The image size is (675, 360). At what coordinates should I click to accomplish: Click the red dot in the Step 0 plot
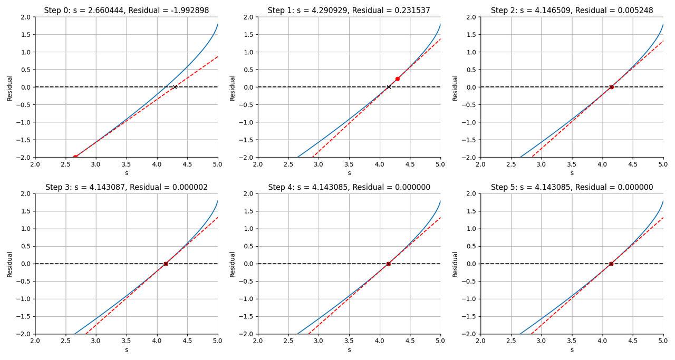pos(75,157)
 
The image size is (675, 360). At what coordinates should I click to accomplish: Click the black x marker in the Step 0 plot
pos(175,87)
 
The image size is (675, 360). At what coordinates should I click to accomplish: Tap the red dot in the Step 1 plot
pos(398,79)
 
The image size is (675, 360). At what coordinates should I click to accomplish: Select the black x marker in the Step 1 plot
pos(389,87)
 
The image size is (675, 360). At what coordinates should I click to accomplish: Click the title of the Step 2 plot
pos(572,11)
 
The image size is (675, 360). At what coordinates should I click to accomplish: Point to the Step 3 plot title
pos(127,187)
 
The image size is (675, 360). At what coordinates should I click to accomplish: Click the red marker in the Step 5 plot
pos(611,264)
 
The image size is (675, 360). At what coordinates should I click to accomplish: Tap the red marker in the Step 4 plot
pos(389,264)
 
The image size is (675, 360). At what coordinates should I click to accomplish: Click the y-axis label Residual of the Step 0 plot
pos(9,87)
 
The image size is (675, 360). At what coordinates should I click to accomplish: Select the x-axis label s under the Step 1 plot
pos(349,173)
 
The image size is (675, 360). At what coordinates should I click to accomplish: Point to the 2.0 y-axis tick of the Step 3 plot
pos(26,193)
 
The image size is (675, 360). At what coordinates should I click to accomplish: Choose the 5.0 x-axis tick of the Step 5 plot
pos(663,341)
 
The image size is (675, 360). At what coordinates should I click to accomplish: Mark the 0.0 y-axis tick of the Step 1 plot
pos(248,87)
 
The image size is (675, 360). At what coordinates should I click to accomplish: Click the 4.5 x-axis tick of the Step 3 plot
pos(187,341)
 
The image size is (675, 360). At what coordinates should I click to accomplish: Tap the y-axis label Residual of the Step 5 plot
pos(455,264)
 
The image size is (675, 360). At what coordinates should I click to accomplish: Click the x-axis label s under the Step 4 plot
pos(349,349)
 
